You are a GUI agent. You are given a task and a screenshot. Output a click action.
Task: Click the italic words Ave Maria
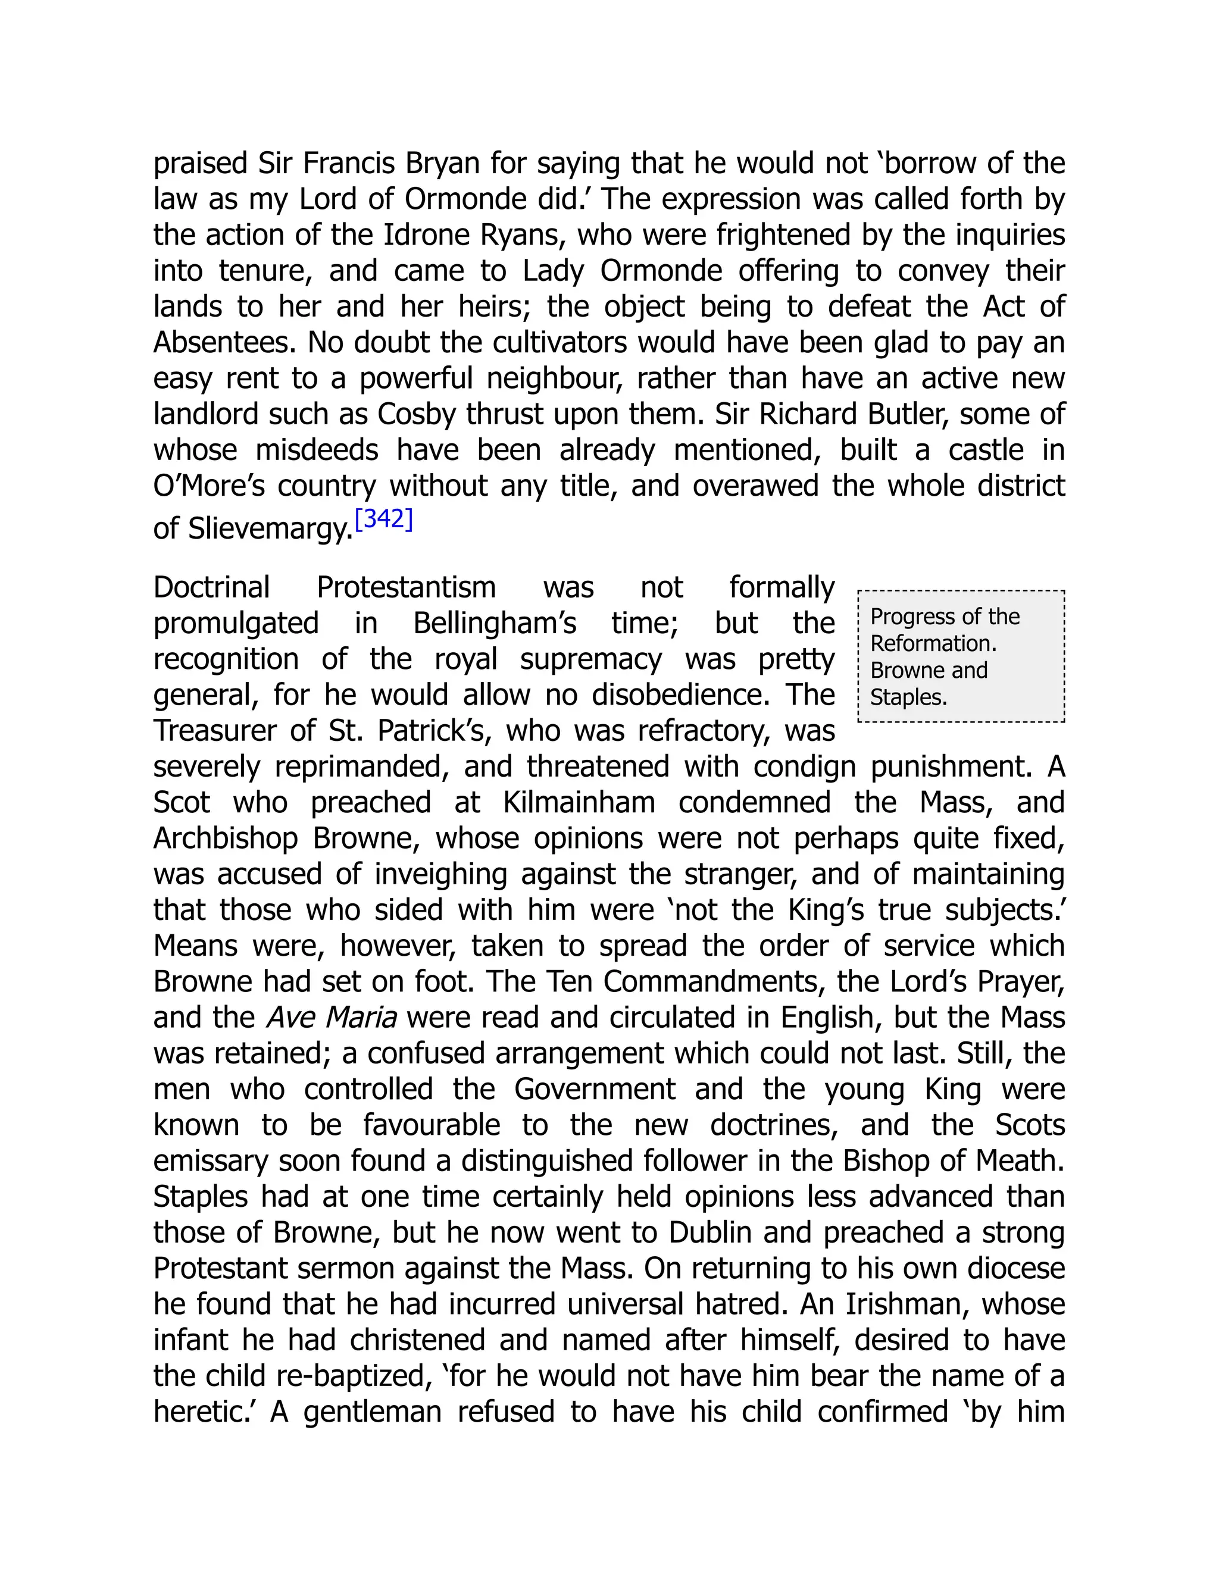click(x=332, y=1018)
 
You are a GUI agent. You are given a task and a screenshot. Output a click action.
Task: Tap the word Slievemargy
click(x=270, y=529)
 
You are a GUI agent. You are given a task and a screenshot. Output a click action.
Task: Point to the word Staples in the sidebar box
click(x=908, y=697)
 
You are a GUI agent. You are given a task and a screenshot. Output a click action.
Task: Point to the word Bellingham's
click(x=495, y=623)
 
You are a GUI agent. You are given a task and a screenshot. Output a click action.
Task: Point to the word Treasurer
click(x=214, y=731)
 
